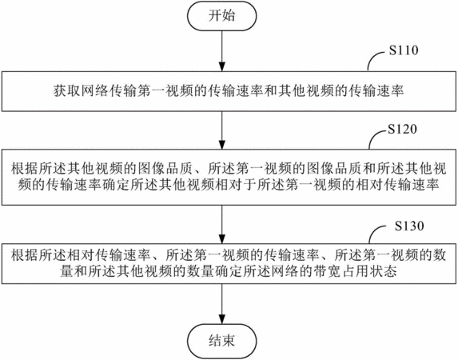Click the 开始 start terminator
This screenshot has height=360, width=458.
coord(222,16)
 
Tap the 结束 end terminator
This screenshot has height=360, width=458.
coord(222,341)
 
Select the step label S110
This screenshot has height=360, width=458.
coord(404,50)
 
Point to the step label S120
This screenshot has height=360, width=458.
coord(402,129)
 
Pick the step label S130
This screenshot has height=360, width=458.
coord(409,226)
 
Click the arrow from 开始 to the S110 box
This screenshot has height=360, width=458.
coord(222,50)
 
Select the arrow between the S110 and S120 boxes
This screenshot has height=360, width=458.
coord(222,130)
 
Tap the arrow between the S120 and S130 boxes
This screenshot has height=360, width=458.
coord(222,224)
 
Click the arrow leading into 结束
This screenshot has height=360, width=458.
coord(222,304)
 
